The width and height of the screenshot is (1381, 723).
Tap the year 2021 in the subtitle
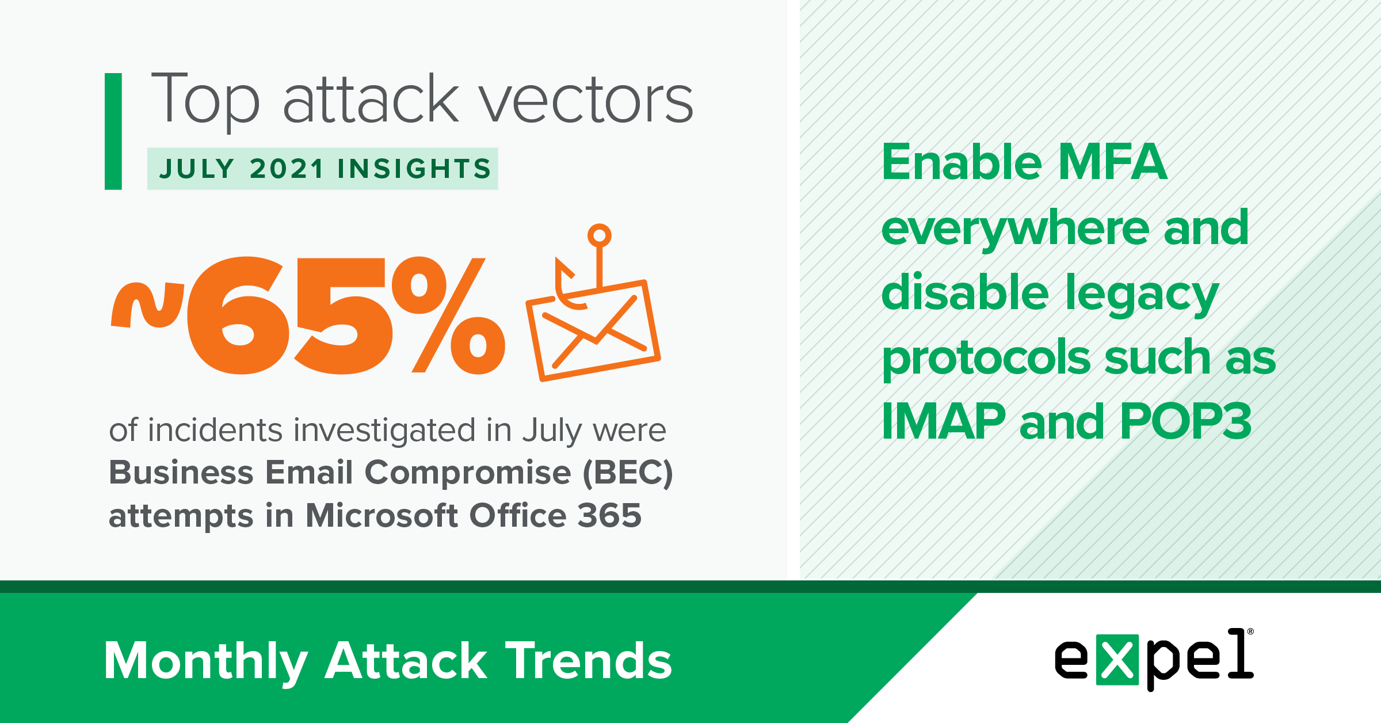[x=287, y=169]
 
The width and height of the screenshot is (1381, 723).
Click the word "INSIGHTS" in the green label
[x=414, y=169]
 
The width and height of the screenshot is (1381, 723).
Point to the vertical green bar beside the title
[x=113, y=131]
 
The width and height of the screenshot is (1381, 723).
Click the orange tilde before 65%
[x=147, y=305]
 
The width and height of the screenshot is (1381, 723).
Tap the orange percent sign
[x=448, y=315]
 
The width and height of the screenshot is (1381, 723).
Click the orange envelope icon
[x=593, y=330]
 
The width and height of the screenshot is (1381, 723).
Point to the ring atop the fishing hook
[x=600, y=235]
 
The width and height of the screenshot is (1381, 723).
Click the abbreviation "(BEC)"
[x=628, y=473]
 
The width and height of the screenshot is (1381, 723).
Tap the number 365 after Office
[x=609, y=515]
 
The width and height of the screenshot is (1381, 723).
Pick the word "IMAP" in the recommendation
[x=944, y=421]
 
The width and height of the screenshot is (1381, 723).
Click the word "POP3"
[x=1186, y=421]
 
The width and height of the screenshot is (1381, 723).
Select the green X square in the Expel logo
[x=1117, y=660]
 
